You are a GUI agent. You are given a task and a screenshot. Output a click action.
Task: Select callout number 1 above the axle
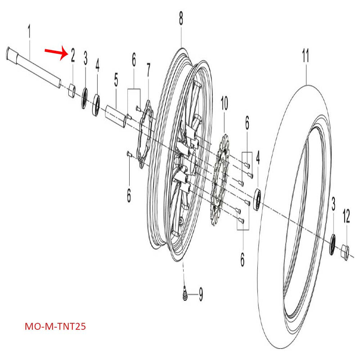(x=30, y=32)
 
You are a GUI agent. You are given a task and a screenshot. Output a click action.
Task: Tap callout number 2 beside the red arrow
(x=72, y=54)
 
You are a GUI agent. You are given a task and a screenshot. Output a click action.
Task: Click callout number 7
(x=148, y=71)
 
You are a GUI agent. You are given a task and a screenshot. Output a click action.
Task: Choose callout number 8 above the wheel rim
(x=181, y=18)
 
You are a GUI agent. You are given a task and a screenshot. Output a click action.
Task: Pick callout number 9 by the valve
(x=201, y=295)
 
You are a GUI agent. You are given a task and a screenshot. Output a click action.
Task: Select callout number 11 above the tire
(x=306, y=57)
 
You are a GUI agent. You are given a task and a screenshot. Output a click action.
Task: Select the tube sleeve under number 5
(x=115, y=113)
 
